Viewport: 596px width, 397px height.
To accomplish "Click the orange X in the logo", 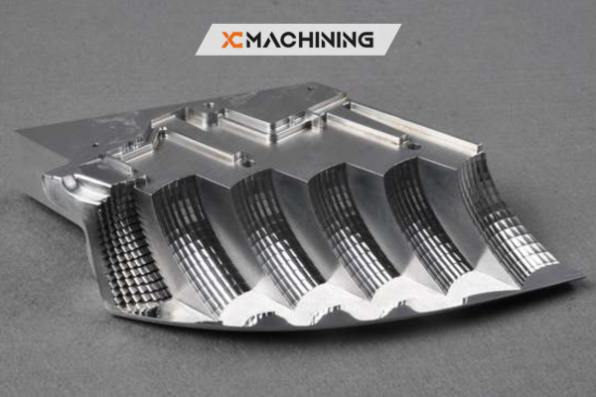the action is click(x=228, y=40).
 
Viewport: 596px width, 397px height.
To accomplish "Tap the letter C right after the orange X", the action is click(x=237, y=40).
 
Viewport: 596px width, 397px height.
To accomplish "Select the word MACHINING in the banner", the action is click(x=310, y=40).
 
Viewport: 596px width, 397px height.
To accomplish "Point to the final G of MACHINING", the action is click(x=366, y=40).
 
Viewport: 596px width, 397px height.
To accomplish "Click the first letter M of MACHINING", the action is click(x=254, y=40).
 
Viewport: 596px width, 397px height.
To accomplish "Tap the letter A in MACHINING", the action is click(x=271, y=40).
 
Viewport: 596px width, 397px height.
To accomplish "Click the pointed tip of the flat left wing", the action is click(x=17, y=131).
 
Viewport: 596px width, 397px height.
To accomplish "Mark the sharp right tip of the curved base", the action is click(x=583, y=277).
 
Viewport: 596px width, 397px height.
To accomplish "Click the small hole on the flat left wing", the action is click(x=96, y=144).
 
